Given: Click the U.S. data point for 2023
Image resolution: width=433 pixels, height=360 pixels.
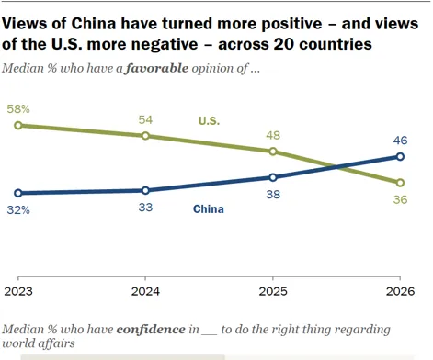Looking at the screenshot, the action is pos(18,125).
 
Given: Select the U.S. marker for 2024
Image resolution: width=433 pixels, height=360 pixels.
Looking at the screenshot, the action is pos(145,136).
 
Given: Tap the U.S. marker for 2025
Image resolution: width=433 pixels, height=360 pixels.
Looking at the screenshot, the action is pos(273,152).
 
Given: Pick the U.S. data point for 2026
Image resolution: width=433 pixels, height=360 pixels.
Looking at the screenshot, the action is pos(400,183).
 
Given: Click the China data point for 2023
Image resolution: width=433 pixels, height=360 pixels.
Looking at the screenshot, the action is pos(18,193).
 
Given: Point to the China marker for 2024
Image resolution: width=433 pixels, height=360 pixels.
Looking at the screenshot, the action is pos(145,190).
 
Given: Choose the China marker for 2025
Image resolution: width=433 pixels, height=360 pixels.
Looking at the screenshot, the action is pos(273,177).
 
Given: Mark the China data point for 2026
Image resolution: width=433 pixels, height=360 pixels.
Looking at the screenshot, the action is pos(400,157).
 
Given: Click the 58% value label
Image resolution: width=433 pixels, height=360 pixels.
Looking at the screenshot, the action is pos(18,109).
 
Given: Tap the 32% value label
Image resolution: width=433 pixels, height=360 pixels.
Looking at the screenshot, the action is pos(18,210).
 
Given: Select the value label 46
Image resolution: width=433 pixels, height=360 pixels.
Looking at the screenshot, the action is pos(400,141).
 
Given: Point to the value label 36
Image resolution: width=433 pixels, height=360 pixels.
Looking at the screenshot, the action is pos(400,199).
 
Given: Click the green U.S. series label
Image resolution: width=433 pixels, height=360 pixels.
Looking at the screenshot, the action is pos(209,121).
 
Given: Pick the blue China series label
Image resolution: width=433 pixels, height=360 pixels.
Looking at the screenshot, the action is pos(209,209).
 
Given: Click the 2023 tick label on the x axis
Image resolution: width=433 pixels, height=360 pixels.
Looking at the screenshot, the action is pos(18,291).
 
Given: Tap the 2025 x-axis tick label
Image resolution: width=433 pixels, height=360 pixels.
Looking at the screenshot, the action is pos(273,291).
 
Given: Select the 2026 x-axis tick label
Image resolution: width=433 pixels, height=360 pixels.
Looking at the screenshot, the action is pos(400,291).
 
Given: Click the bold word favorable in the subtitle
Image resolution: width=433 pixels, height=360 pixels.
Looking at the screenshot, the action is pos(157,68).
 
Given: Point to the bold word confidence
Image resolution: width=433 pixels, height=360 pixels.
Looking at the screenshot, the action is pos(151,330).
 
